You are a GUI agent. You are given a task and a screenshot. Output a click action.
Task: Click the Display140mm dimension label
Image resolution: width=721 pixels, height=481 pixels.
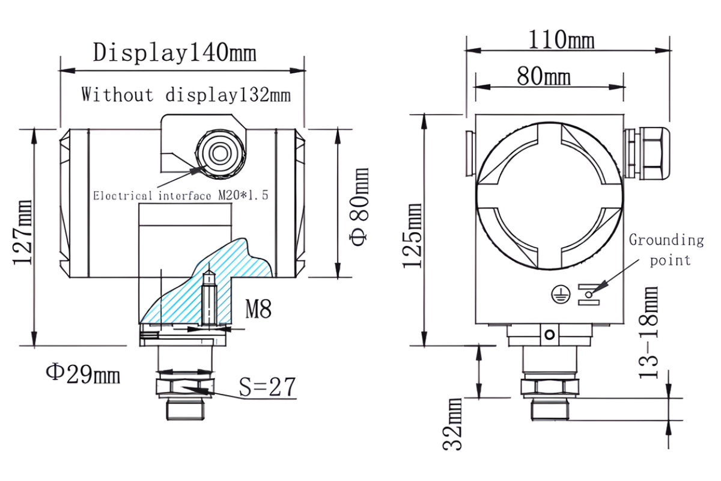[x=175, y=53]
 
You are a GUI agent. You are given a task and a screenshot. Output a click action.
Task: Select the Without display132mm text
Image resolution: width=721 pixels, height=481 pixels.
[x=186, y=95]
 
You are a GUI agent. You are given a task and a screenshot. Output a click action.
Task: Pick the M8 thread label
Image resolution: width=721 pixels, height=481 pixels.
[x=258, y=310]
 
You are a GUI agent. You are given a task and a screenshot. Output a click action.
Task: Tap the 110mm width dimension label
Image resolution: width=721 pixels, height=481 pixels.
[x=561, y=40]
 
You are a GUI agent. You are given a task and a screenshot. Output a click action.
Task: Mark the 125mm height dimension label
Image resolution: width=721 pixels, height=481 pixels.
[x=413, y=235]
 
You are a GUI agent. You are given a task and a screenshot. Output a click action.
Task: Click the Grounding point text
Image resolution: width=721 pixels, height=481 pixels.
[x=666, y=250]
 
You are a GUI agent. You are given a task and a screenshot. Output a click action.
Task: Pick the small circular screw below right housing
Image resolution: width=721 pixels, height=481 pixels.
[x=547, y=335]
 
